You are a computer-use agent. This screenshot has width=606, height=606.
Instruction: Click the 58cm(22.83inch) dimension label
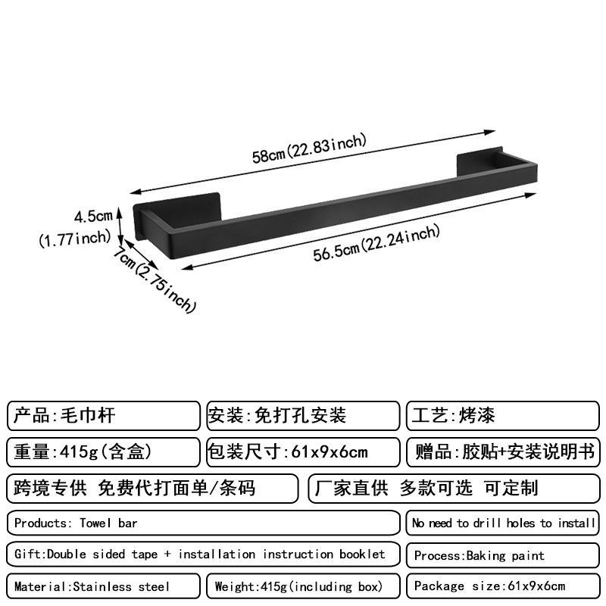click(x=309, y=148)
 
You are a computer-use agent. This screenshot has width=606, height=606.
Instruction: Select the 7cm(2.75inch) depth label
click(x=155, y=280)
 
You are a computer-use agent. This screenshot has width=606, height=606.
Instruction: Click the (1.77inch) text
click(x=75, y=239)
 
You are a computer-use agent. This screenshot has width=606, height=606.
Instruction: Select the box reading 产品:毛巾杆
click(x=104, y=416)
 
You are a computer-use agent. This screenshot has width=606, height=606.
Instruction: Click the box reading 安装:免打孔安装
click(x=302, y=416)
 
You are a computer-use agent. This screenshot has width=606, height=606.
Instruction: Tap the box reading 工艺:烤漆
click(x=504, y=416)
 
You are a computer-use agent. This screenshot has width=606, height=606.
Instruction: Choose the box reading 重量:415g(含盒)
click(x=104, y=452)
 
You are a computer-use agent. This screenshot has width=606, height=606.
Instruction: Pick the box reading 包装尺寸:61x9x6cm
click(x=302, y=452)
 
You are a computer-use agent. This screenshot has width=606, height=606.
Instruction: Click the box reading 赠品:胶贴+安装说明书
click(x=504, y=452)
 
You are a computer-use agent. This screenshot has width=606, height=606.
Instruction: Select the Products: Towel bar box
click(x=203, y=523)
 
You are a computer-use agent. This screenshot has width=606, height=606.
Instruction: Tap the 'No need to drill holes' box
click(x=504, y=523)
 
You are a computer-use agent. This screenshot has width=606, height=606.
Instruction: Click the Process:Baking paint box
click(x=504, y=555)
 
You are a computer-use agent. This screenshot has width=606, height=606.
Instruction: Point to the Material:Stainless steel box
click(x=104, y=586)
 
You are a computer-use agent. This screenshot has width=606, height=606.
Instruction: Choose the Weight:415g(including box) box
click(x=302, y=586)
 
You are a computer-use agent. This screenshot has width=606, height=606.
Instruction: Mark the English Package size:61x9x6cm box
click(x=504, y=586)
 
